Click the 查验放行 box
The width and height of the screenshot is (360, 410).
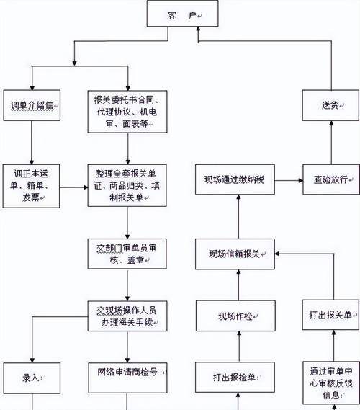330,179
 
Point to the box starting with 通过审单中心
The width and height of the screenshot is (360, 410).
330,382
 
